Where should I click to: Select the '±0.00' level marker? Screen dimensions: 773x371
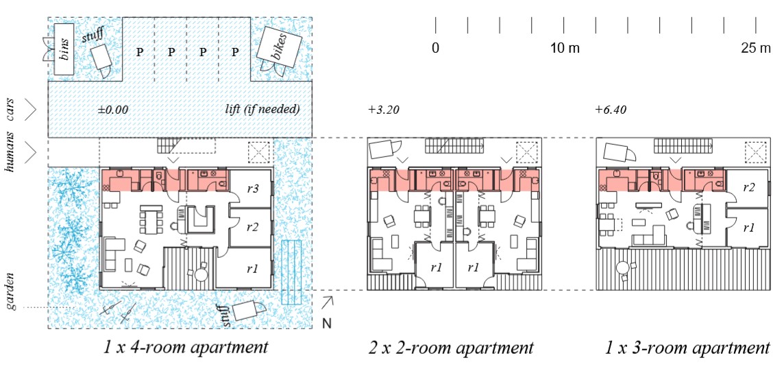113,110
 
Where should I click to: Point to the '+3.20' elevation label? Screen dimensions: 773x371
383,110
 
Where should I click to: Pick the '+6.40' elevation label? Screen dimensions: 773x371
611,110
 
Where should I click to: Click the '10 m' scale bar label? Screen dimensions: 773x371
565,49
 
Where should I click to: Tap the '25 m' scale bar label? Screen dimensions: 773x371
757,49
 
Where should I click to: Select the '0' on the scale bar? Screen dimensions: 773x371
435,49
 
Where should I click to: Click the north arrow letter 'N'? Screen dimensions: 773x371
326,324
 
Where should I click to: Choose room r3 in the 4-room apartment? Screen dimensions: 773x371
252,187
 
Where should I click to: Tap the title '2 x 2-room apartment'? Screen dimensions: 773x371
451,348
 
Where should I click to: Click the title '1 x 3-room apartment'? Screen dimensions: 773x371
687,348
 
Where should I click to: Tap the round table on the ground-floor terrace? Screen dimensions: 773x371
201,274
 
